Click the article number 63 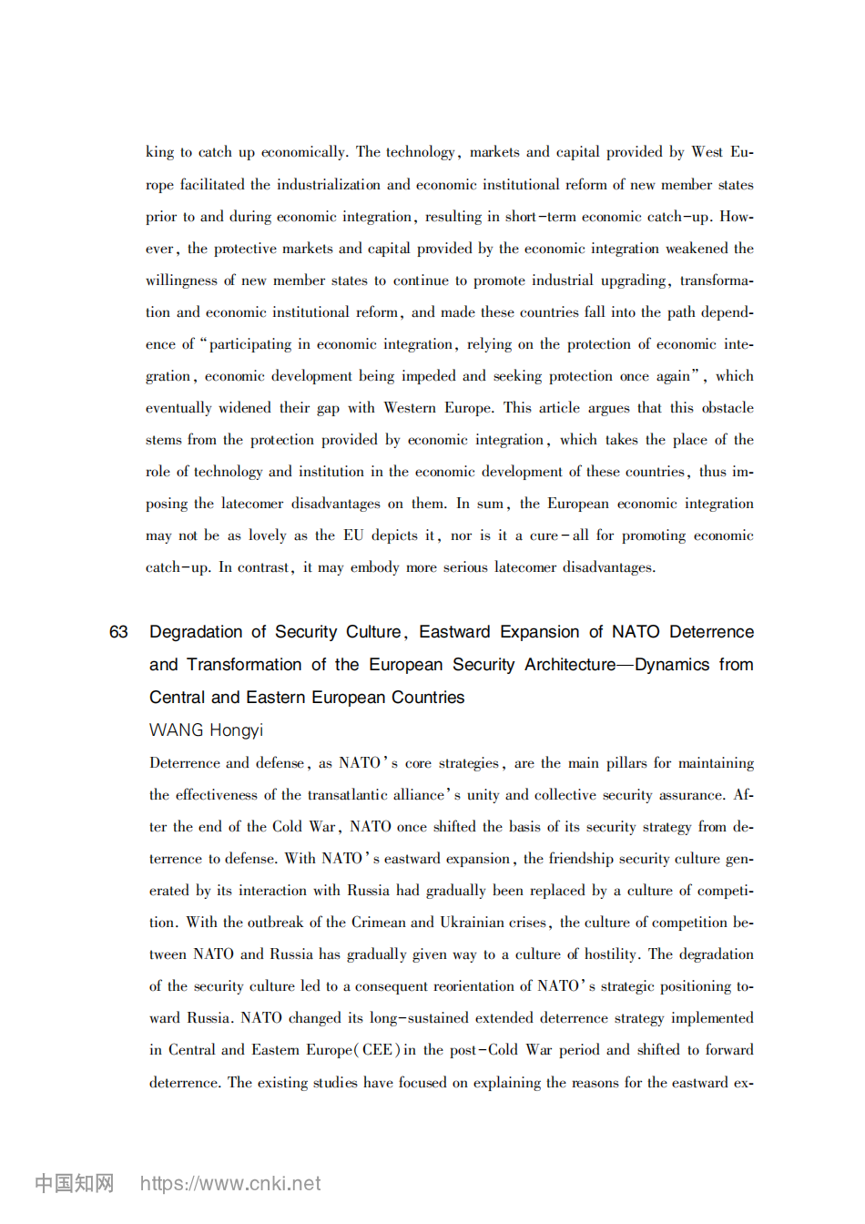click(x=118, y=632)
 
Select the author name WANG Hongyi click(x=206, y=730)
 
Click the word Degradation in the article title click(x=196, y=632)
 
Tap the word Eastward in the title click(x=454, y=632)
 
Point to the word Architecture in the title click(x=569, y=665)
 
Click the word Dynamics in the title click(x=673, y=665)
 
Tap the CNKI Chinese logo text click(x=75, y=1183)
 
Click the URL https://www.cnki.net click(x=230, y=1183)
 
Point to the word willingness click(x=181, y=280)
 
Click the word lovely click(x=267, y=535)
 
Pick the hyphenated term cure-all click(x=559, y=535)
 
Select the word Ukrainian click(x=471, y=923)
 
